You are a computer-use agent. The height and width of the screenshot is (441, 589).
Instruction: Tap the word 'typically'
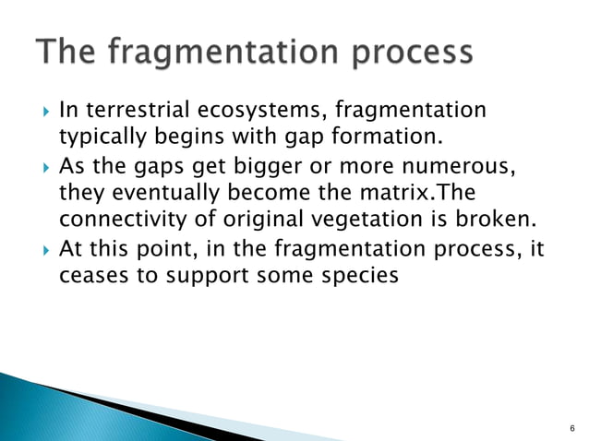(96, 139)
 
